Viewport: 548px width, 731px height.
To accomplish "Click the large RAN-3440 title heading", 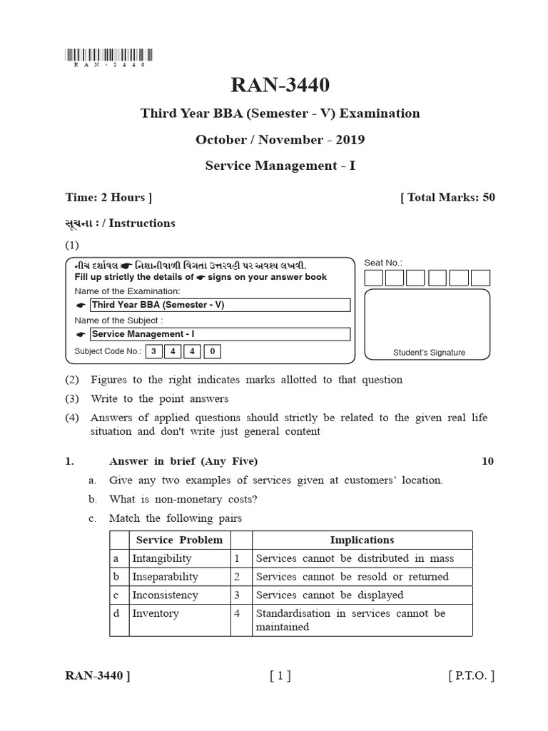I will tap(280, 85).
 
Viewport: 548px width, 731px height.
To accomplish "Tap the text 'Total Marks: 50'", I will tap(447, 198).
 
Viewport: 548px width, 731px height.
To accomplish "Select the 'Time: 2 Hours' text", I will tap(108, 198).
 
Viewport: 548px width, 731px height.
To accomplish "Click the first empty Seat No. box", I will tap(375, 278).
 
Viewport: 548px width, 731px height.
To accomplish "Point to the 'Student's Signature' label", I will tap(429, 353).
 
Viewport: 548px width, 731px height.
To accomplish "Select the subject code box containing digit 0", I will tap(213, 351).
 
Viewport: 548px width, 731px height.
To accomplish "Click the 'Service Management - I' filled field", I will tap(219, 334).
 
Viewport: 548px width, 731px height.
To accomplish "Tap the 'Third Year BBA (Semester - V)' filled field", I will tap(219, 305).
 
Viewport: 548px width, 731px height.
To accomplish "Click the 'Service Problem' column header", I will tap(179, 540).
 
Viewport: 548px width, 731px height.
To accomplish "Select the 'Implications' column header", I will tap(362, 540).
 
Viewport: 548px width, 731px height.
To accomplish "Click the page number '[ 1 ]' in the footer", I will tap(280, 676).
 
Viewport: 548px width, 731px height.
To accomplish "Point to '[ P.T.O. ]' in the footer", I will tap(471, 676).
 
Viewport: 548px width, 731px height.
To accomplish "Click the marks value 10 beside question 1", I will tap(487, 461).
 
